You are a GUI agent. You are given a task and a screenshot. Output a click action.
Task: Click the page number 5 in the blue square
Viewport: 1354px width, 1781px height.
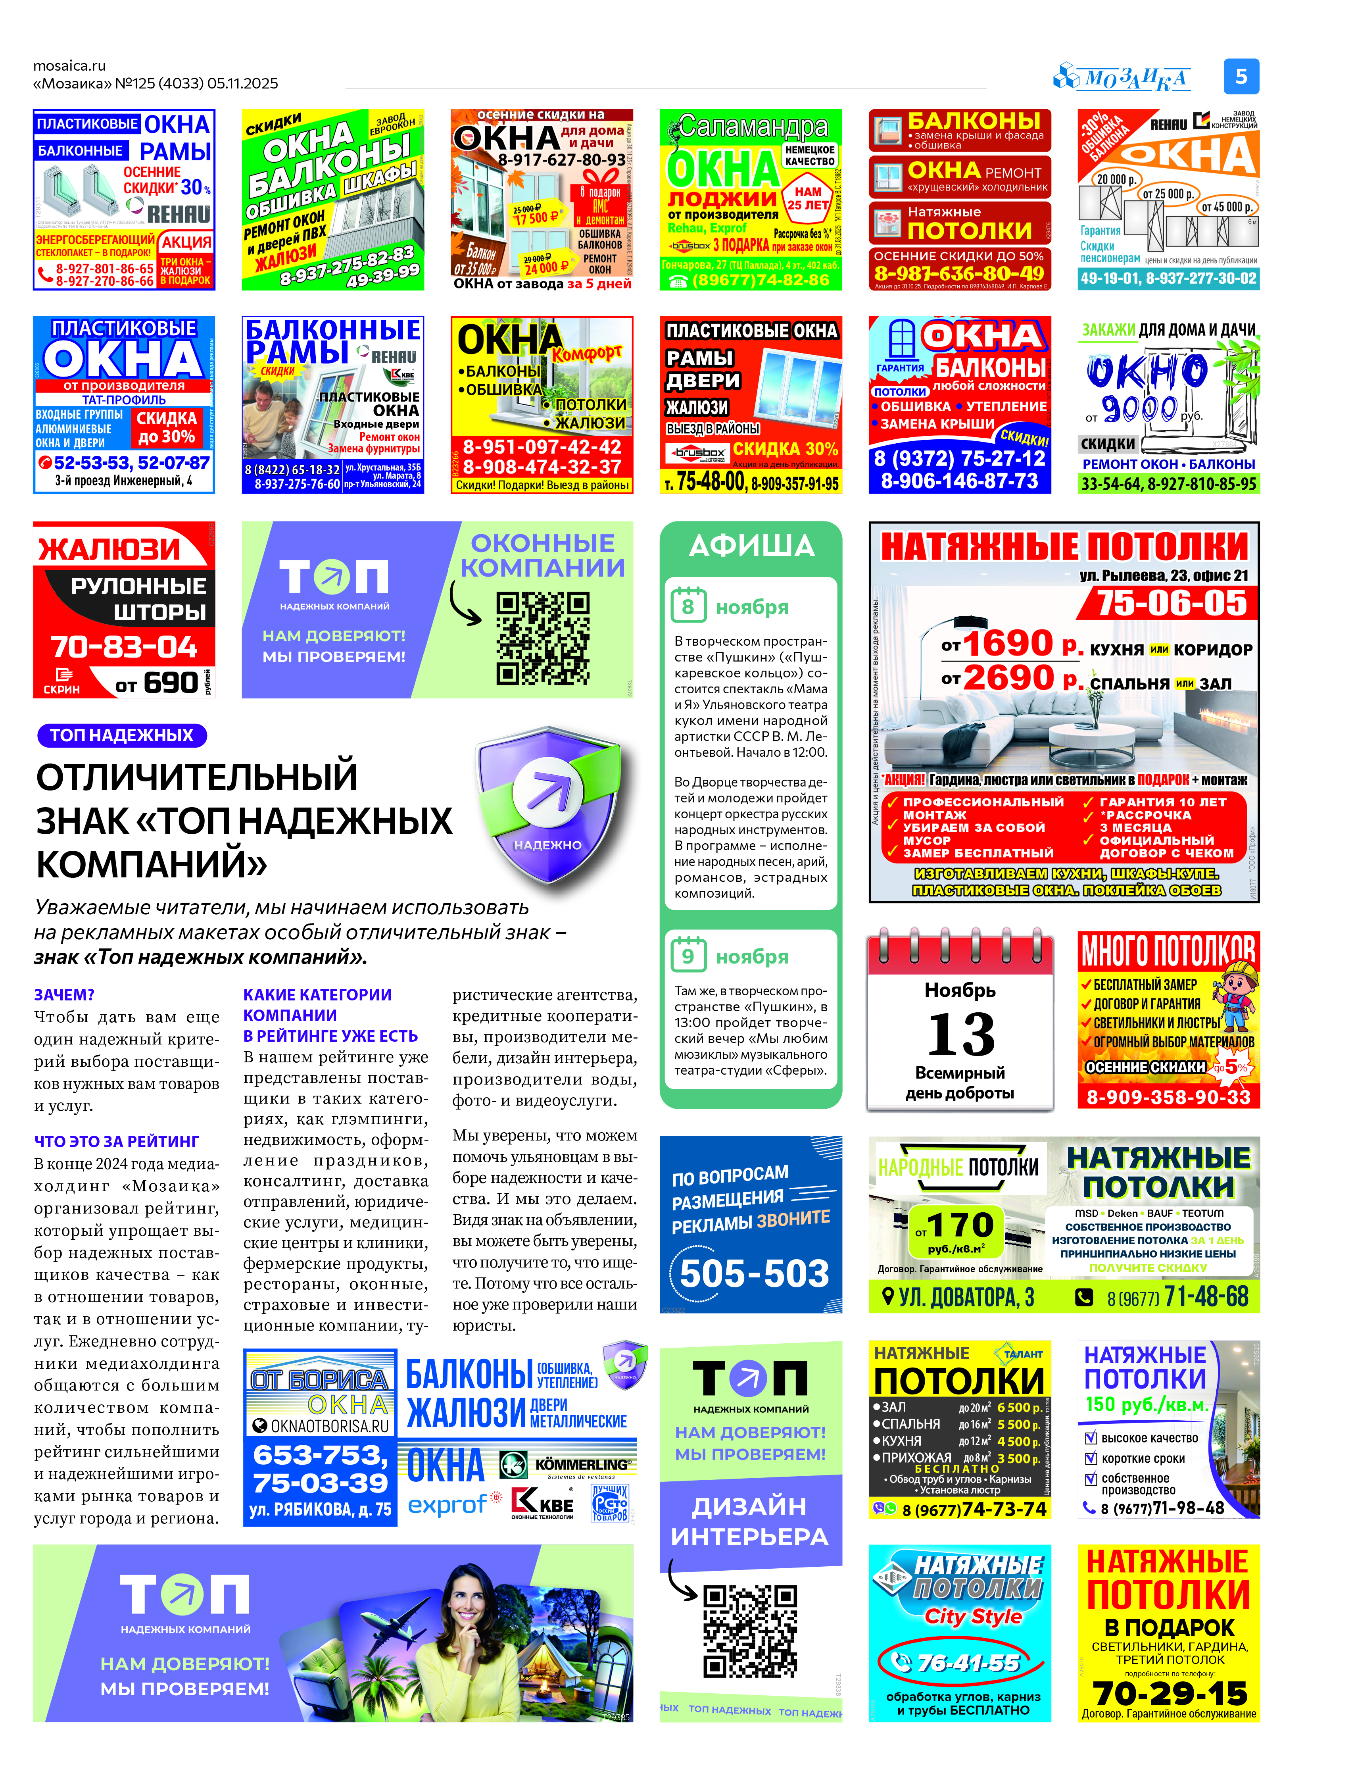tap(1241, 77)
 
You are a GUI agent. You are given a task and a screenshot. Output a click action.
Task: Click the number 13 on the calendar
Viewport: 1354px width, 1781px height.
tap(961, 1035)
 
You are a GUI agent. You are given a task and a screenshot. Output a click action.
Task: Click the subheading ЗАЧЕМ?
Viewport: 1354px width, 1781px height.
tap(65, 995)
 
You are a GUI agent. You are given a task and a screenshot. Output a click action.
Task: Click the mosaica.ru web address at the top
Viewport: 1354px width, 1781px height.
tap(69, 65)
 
